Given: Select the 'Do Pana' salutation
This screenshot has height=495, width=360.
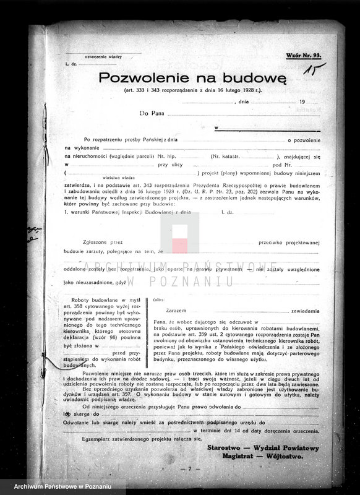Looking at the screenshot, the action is pyautogui.click(x=153, y=114).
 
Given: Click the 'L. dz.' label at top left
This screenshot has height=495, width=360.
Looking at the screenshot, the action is pyautogui.click(x=70, y=64).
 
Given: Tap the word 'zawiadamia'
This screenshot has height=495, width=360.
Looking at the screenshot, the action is pyautogui.click(x=302, y=310).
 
